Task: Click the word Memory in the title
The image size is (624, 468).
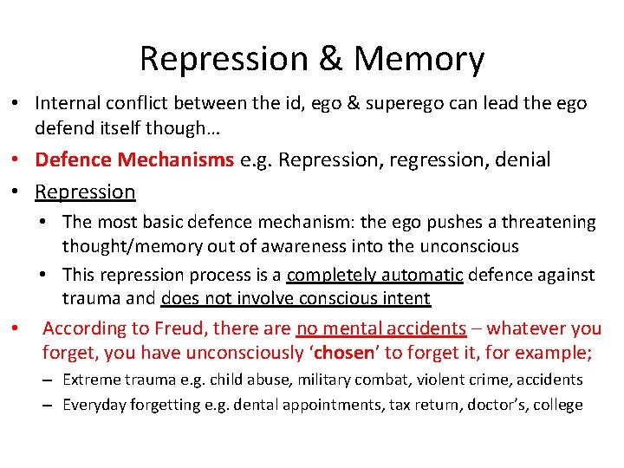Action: coord(419,59)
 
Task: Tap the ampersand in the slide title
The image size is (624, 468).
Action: coord(330,59)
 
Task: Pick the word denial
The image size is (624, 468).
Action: coord(519,160)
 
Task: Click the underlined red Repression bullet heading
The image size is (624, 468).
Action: coord(85,192)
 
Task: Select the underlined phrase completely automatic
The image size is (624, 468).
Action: coord(375,275)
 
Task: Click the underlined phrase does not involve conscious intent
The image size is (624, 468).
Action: coord(296,299)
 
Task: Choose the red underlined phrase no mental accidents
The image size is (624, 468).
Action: coord(380,328)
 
